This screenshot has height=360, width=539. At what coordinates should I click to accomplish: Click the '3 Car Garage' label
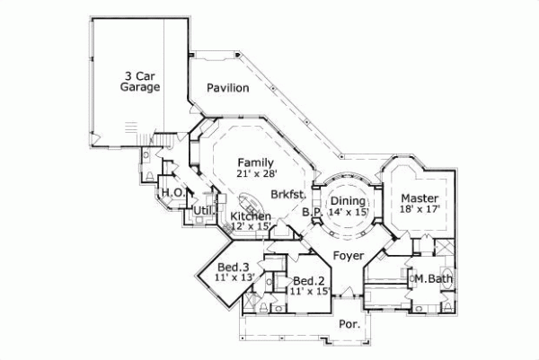140,82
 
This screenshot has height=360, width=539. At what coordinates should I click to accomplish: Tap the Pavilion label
227,88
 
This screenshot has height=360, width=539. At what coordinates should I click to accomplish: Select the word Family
255,162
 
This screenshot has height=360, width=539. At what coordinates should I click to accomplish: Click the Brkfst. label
288,194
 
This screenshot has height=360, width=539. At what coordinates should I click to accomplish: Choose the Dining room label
347,201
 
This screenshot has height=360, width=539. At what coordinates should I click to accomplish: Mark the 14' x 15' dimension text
348,213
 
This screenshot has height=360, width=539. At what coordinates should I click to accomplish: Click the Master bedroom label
419,198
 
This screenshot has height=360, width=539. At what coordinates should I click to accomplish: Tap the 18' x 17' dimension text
419,209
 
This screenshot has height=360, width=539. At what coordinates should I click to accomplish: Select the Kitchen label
250,216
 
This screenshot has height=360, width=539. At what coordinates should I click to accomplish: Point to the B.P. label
312,213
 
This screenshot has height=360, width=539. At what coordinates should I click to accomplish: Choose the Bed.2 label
308,279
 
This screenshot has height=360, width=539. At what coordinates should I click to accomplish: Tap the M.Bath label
433,280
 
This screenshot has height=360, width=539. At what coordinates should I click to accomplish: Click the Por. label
349,325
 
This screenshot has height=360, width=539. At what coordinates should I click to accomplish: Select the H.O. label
172,192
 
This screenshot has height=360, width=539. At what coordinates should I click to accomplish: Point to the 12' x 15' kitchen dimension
251,227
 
